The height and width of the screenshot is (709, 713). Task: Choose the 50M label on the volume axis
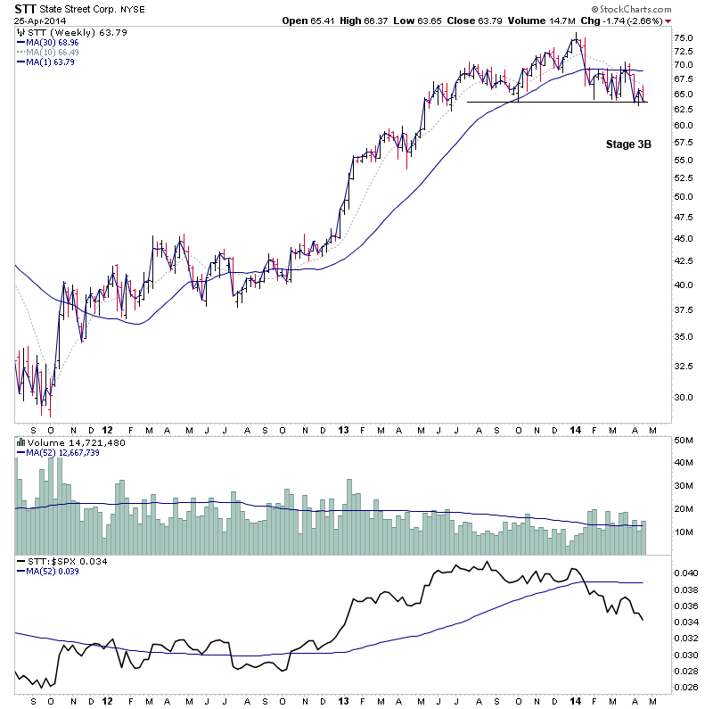[x=683, y=441]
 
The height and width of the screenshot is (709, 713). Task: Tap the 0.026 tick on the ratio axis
[x=686, y=688]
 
